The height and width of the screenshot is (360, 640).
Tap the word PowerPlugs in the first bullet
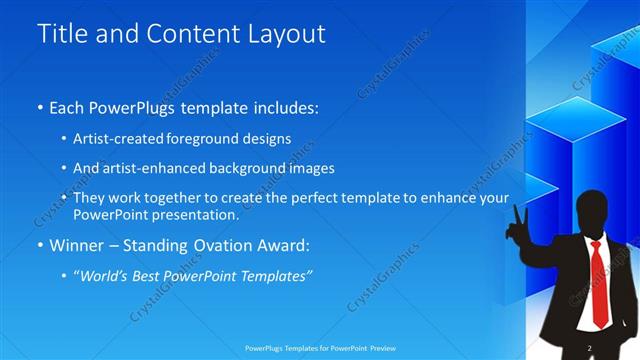pos(137,106)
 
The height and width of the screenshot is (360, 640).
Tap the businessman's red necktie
pos(597,285)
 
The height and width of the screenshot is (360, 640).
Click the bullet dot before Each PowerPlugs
pos(41,107)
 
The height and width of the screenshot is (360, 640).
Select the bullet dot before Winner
pos(41,245)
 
